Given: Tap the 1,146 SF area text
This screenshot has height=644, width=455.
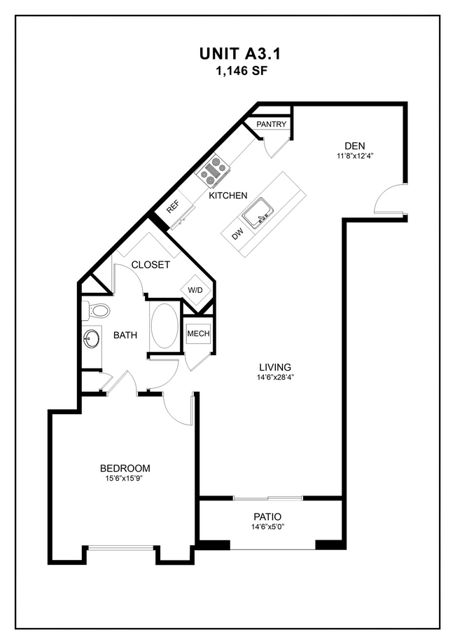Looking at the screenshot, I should tap(227, 71).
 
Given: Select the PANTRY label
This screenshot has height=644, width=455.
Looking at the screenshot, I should tap(272, 124).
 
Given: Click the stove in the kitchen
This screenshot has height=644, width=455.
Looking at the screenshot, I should tap(216, 170).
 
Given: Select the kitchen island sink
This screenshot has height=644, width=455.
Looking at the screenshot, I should tap(262, 209).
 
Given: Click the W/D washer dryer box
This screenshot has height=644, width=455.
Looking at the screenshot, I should tap(193, 289).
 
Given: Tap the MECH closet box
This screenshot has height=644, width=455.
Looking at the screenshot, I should tap(198, 334).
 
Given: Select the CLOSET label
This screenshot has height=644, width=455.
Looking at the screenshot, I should tap(150, 265).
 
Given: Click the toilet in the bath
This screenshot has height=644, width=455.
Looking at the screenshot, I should tap(97, 310).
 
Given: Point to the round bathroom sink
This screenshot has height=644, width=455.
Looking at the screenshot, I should tap(92, 340).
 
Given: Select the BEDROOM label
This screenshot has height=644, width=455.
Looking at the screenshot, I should tap(125, 468).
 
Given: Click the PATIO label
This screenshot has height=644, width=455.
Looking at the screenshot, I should tap(271, 516).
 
